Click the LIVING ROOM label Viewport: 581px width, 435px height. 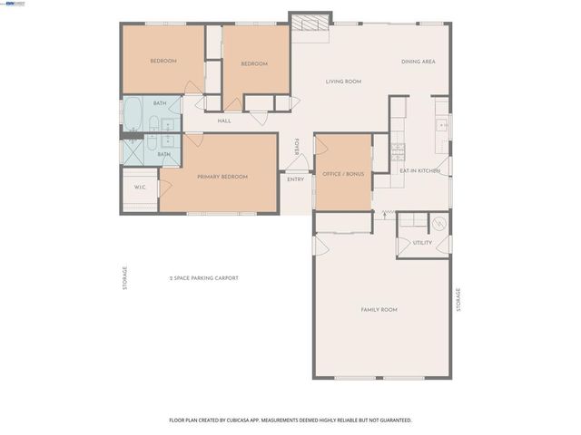pyautogui.click(x=343, y=82)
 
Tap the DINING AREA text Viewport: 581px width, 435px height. pyautogui.click(x=419, y=62)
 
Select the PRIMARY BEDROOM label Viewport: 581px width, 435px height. pyautogui.click(x=222, y=177)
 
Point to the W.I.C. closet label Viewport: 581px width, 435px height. pyautogui.click(x=141, y=188)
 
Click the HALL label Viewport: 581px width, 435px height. pyautogui.click(x=223, y=121)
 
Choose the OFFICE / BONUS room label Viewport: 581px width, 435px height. pyautogui.click(x=342, y=172)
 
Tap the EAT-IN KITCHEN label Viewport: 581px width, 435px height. pyautogui.click(x=419, y=170)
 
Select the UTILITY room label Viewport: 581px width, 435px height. pyautogui.click(x=422, y=243)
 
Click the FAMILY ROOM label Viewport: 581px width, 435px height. pyautogui.click(x=379, y=310)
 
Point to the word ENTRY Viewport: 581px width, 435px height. pyautogui.click(x=296, y=179)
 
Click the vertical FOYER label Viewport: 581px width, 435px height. pyautogui.click(x=296, y=147)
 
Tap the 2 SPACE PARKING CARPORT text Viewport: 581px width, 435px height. pyautogui.click(x=203, y=278)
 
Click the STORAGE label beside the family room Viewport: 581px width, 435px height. pyautogui.click(x=458, y=299)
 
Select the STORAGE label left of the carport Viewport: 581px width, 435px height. pyautogui.click(x=125, y=276)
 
